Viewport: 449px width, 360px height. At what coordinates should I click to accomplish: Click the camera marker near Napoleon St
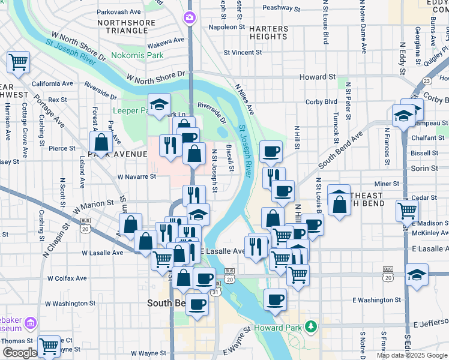190,17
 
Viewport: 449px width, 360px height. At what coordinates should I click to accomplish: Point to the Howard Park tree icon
311,327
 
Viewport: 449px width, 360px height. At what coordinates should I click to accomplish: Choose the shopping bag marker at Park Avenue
101,142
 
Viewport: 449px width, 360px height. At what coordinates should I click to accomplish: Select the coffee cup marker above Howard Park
276,299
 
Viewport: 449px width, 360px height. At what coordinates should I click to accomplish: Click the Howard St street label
318,77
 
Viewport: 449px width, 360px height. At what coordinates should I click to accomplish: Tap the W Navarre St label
137,177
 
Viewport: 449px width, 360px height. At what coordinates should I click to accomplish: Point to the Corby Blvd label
321,102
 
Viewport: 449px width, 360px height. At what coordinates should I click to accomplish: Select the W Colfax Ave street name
67,278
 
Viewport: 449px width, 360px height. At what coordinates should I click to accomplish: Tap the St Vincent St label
243,53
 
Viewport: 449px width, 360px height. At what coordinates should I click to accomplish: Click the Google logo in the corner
19,353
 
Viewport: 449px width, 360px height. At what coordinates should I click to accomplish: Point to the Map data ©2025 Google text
412,355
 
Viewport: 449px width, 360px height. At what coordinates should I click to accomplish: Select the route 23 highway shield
427,80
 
